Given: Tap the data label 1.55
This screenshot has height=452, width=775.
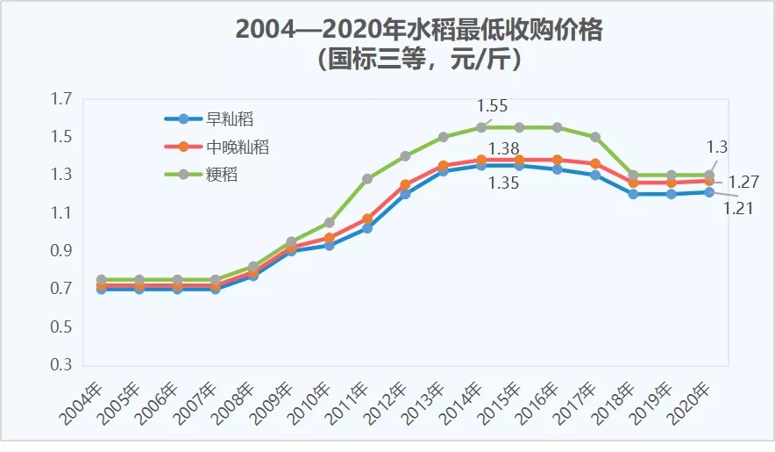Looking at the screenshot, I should (492, 106).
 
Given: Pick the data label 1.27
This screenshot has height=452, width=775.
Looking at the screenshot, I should (743, 183).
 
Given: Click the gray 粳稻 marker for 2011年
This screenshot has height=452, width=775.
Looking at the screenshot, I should (367, 179).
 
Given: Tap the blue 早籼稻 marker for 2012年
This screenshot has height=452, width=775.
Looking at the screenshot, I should (405, 194).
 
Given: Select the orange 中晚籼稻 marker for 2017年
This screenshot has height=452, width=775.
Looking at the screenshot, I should (595, 163).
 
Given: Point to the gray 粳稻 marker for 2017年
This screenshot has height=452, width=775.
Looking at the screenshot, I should (595, 137).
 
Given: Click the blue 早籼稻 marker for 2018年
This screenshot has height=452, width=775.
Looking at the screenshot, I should (633, 194).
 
